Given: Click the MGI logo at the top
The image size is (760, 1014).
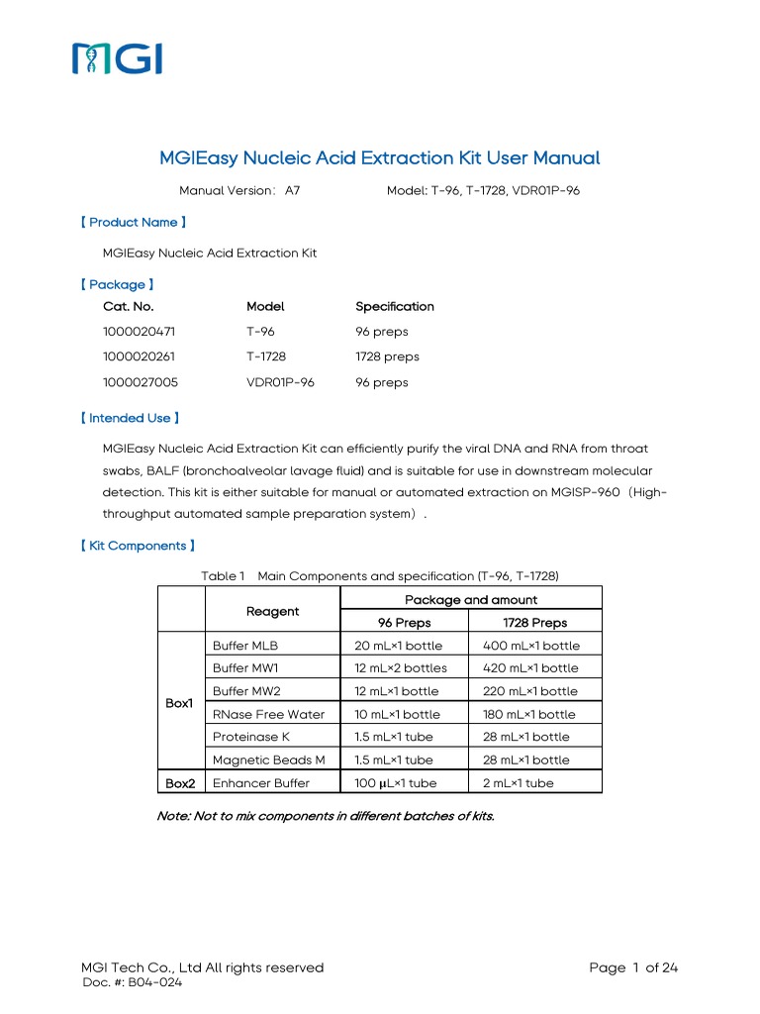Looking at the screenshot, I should [117, 58].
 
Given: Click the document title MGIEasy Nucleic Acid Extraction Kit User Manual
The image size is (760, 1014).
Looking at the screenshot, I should [380, 157].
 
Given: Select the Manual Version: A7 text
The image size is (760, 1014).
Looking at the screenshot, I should [238, 189].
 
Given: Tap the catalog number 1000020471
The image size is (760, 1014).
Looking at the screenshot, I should [140, 332].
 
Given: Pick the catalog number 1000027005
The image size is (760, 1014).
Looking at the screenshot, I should [140, 382].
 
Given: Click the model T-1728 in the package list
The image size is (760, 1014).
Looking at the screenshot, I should [266, 356].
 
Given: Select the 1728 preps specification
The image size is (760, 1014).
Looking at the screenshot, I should [387, 356].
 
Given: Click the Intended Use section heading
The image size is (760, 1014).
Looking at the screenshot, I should [129, 418].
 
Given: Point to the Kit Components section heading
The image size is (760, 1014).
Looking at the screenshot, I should [137, 546].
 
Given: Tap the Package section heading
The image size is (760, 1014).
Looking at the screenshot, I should [117, 284].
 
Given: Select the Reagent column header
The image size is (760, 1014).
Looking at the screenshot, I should [272, 611].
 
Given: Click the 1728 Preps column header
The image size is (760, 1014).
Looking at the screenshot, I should [535, 623].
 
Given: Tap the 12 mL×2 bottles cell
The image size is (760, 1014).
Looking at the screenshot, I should [401, 668].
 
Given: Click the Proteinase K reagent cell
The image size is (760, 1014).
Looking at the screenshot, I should [251, 737].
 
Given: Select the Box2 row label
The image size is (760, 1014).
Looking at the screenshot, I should [180, 783].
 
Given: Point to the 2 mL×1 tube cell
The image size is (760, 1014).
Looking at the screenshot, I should [519, 783].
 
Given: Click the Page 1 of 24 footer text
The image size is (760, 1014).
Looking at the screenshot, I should [632, 967].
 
